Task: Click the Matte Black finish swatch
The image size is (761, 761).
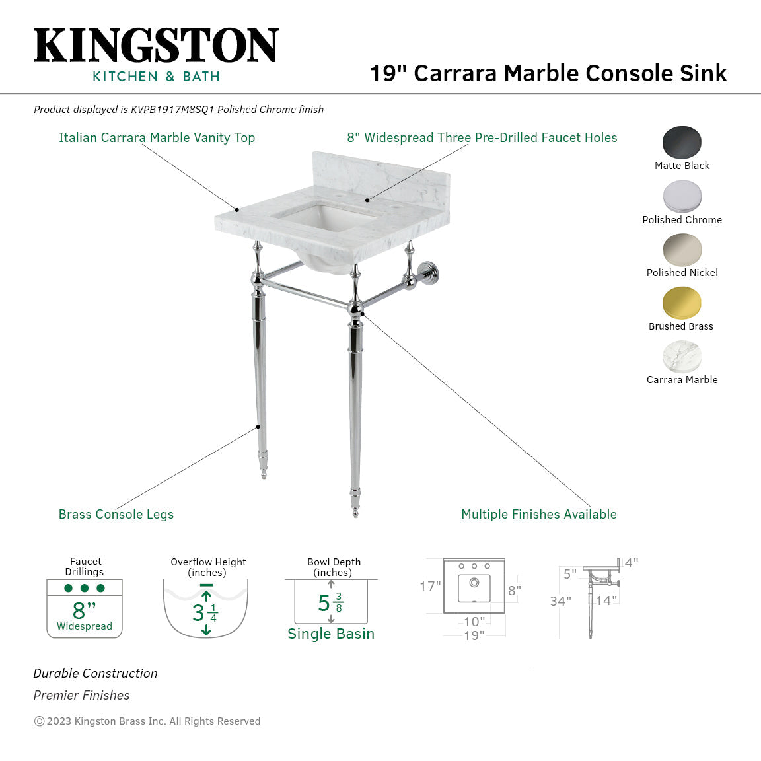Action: tap(682, 142)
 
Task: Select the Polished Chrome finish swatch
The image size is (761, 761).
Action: tap(682, 196)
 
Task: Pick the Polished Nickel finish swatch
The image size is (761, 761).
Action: tap(682, 250)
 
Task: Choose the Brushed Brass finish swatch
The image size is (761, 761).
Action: tap(682, 303)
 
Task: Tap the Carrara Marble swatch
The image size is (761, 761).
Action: tap(682, 357)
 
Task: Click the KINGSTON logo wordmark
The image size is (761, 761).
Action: tap(156, 46)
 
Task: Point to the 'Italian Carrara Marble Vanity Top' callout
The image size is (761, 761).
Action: tap(157, 137)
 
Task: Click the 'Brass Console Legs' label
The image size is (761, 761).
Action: tap(116, 514)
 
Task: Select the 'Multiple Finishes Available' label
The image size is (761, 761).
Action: tap(538, 514)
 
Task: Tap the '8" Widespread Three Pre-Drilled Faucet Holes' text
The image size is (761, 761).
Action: tap(482, 137)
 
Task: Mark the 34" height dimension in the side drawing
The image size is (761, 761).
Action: tap(560, 601)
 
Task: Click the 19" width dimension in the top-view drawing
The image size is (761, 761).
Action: tap(474, 635)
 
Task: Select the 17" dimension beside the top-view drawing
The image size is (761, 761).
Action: tap(430, 586)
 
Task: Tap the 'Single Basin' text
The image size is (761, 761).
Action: tap(331, 634)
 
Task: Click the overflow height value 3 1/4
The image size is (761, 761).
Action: tap(205, 613)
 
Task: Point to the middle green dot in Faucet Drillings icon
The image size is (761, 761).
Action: tap(85, 588)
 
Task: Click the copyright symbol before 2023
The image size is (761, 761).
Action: tap(39, 721)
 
